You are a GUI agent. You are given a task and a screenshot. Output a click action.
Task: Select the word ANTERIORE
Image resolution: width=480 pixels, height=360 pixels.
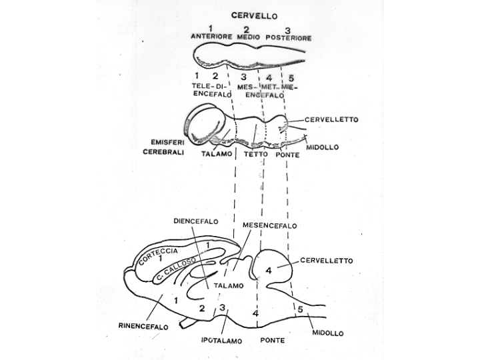click(211, 37)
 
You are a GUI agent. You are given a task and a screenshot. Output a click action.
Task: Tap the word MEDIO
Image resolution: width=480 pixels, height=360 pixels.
click(247, 37)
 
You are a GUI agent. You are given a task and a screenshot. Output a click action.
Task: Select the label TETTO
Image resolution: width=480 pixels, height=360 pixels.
click(256, 155)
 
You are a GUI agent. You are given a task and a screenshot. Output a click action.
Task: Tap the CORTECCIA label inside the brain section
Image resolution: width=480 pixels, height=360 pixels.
click(158, 257)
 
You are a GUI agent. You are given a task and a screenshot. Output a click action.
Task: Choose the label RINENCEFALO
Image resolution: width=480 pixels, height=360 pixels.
click(143, 327)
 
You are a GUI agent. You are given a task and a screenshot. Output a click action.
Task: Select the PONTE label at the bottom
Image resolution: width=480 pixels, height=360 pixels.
click(273, 340)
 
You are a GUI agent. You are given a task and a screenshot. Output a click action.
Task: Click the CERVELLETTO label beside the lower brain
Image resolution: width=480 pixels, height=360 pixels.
click(327, 261)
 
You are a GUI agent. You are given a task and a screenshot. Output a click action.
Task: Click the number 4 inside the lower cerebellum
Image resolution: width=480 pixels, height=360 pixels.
click(268, 270)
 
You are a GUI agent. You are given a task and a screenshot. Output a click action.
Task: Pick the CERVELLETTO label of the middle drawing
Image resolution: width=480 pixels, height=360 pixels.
click(331, 120)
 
